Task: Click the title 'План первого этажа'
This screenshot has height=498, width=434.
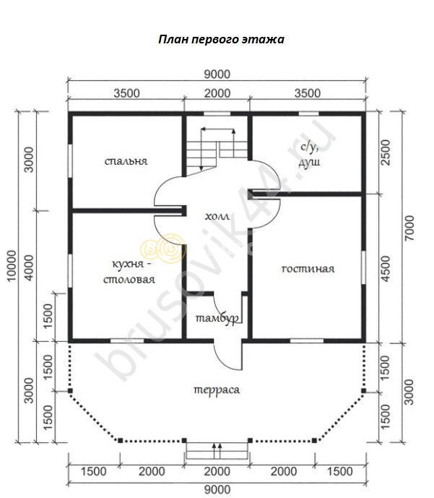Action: click(x=221, y=39)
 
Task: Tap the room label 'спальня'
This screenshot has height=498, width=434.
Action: click(x=126, y=161)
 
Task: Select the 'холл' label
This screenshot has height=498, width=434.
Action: click(x=217, y=216)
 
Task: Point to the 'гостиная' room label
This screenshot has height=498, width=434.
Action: click(x=308, y=269)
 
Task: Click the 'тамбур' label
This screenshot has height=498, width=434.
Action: click(x=217, y=318)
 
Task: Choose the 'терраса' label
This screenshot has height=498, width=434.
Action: click(x=217, y=390)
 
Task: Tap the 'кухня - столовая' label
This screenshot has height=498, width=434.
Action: click(x=129, y=272)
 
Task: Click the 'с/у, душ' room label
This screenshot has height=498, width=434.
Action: click(x=309, y=155)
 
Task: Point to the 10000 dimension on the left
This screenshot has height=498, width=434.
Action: click(x=12, y=265)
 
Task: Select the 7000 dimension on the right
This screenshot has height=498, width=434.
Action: click(x=409, y=228)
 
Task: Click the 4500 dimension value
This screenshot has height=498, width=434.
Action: click(x=385, y=269)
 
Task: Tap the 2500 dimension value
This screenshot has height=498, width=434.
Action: click(x=385, y=153)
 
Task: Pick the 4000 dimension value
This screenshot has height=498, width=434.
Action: click(x=29, y=267)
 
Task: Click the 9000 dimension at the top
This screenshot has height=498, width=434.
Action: click(x=217, y=74)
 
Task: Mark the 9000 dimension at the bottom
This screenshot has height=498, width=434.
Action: click(x=217, y=490)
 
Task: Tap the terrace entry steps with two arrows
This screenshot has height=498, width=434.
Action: click(x=217, y=450)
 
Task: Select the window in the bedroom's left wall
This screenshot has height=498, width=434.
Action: click(x=70, y=161)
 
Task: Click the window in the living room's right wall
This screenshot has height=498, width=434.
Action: click(x=363, y=267)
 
